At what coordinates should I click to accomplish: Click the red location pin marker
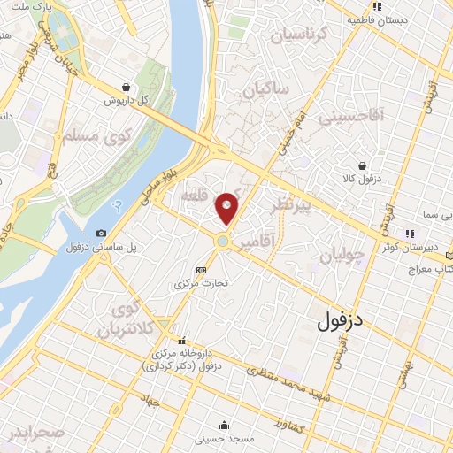pos(226,208)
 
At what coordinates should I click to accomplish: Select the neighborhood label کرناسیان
pos(299,36)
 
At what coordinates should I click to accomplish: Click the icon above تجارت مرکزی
pos(203,270)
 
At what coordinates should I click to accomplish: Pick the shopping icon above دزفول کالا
pos(362,165)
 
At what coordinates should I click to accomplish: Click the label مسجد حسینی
pos(226,438)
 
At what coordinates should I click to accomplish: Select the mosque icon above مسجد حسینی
pos(226,425)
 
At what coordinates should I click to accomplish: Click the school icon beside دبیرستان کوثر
pos(409,234)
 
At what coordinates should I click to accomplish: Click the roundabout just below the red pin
pos(224,241)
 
